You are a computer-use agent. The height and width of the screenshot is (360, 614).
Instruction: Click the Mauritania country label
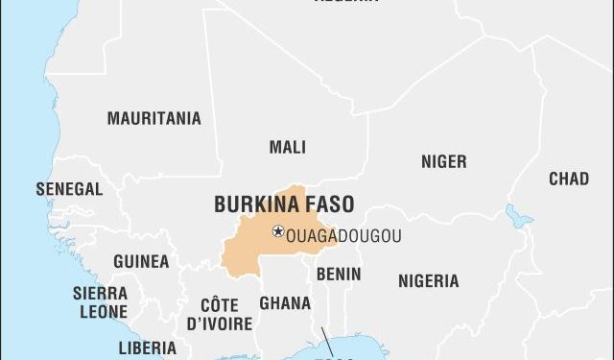point(153,119)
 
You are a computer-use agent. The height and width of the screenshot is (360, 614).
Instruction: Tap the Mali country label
point(288,147)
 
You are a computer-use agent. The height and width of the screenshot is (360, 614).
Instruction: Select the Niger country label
point(443,162)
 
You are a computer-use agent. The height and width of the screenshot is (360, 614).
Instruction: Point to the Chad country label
point(569,179)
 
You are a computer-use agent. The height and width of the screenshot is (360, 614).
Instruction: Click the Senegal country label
point(69,189)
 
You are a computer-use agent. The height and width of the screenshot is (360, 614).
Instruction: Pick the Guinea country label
point(141,261)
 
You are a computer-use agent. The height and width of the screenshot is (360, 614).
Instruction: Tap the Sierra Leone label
point(101,302)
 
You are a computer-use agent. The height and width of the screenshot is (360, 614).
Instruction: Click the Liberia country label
point(147,348)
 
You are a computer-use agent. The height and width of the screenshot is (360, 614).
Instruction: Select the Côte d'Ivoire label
point(220,314)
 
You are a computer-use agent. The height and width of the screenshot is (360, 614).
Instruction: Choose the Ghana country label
point(284,303)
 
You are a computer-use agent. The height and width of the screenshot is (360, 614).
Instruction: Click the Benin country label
point(339,274)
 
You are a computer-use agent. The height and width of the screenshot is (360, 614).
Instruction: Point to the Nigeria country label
point(428,281)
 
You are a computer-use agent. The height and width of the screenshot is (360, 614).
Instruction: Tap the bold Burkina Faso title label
point(283,204)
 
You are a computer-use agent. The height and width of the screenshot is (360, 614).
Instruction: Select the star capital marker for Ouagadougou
point(278,230)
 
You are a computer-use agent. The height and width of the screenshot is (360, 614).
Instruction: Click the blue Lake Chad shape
point(519,216)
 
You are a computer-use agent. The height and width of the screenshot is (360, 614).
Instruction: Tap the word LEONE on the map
point(101,312)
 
